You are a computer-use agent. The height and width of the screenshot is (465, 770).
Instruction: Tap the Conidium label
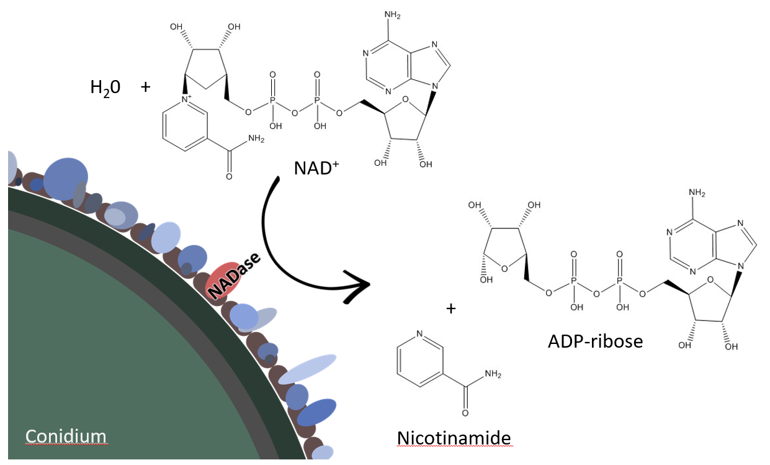(66, 436)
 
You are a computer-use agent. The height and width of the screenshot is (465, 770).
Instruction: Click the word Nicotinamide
(454, 438)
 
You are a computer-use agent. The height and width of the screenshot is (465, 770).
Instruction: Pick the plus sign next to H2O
(146, 86)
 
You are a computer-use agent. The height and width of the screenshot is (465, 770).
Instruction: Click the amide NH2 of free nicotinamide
(492, 374)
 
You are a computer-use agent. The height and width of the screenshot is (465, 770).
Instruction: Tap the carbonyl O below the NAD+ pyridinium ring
(229, 177)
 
